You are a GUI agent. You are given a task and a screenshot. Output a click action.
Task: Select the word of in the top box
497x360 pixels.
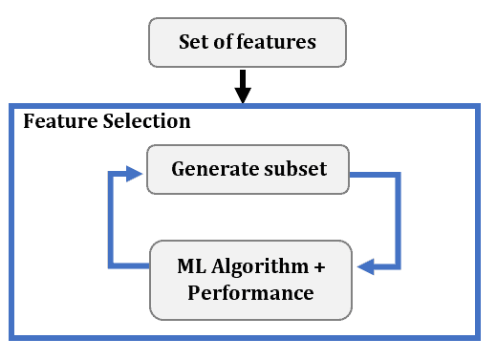[x=226, y=43]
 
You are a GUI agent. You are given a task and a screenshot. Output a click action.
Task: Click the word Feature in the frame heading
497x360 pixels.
[x=54, y=122]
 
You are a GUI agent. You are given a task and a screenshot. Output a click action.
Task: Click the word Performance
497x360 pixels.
[x=250, y=292]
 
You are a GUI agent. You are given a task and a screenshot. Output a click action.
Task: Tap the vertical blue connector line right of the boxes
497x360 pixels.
[x=398, y=220]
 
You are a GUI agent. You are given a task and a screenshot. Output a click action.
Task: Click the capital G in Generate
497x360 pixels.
[x=179, y=170]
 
